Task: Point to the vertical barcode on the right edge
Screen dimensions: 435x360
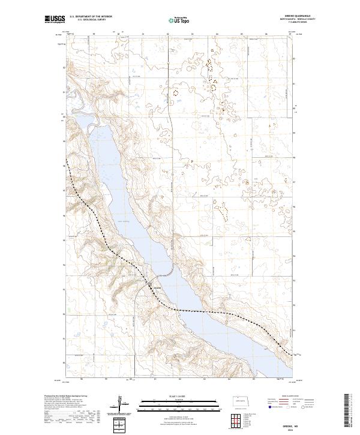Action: (349, 412)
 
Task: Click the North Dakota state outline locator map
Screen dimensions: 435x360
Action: (241, 400)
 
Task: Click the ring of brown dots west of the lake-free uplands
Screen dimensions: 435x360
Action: (175, 93)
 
